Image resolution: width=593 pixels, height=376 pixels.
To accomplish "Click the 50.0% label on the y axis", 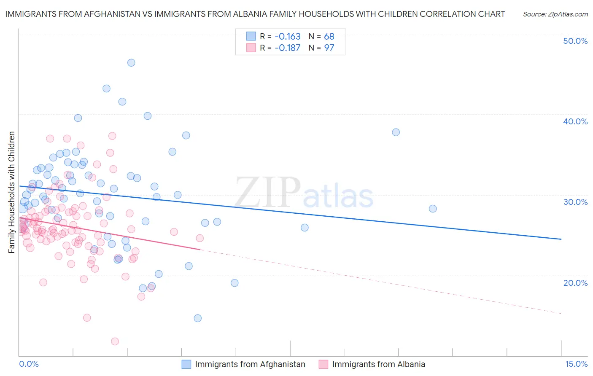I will (575, 41).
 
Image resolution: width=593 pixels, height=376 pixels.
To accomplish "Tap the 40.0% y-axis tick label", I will (575, 121).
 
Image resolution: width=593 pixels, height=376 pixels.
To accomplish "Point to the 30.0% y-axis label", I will (575, 202).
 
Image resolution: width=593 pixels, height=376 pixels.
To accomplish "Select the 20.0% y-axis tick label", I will (575, 283).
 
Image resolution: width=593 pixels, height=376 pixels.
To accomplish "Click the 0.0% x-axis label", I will (29, 364).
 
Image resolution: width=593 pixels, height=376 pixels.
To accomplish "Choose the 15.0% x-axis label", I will (576, 364).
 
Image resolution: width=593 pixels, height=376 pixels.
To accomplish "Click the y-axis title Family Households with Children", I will (11, 192).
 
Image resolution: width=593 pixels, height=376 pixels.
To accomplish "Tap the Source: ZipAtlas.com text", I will (555, 14).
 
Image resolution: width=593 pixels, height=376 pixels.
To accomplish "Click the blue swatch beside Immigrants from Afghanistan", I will (186, 364).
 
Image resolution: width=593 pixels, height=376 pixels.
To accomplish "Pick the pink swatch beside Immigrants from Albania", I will (323, 364).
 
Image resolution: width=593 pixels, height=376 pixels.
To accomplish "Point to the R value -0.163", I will (287, 36).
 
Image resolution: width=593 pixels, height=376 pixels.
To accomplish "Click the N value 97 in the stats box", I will (329, 48).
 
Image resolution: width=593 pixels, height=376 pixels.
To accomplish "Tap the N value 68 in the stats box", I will (329, 36).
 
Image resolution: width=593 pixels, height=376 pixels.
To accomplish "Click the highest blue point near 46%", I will (131, 62).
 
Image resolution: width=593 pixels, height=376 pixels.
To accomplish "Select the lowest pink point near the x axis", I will (115, 341).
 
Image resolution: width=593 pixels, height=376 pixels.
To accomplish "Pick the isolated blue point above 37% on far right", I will (396, 132).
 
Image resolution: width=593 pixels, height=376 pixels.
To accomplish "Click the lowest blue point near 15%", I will (197, 318).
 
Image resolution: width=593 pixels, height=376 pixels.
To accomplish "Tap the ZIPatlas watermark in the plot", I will (304, 193).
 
